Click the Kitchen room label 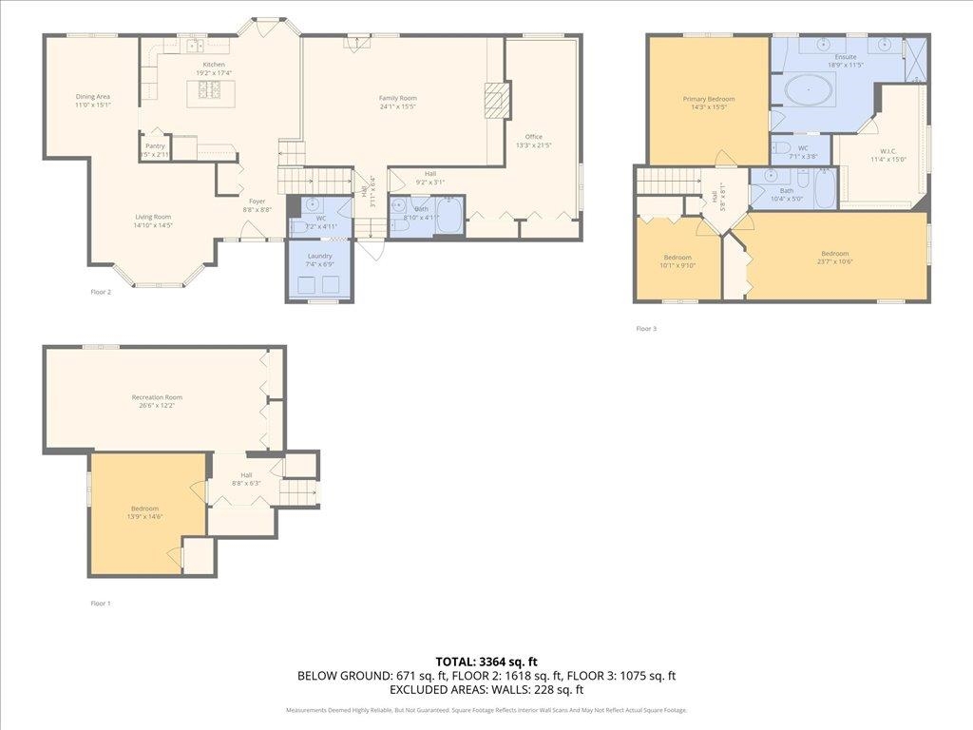tap(214, 65)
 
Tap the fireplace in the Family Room tap(497, 98)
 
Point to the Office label tap(534, 137)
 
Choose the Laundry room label tap(319, 257)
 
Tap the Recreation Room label tap(157, 397)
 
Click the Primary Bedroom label tap(709, 99)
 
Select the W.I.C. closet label tap(888, 150)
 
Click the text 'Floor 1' tap(101, 603)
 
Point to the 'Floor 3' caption tap(646, 329)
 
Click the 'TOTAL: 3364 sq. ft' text tap(486, 662)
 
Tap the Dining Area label tap(93, 96)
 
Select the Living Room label tap(152, 217)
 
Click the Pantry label tap(155, 145)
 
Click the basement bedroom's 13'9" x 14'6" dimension tap(144, 516)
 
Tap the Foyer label tap(257, 201)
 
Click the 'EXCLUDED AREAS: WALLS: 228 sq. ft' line tap(486, 690)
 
